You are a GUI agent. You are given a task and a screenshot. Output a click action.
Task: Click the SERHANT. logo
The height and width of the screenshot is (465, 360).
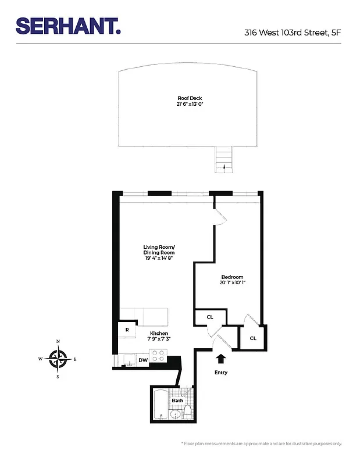pos(68,26)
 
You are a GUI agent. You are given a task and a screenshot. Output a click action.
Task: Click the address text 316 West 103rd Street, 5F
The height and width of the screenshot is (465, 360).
pos(293,33)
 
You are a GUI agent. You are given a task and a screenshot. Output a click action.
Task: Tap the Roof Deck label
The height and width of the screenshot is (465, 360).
pos(190,98)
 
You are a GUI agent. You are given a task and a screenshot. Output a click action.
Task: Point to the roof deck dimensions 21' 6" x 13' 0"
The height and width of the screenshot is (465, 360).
pos(190,105)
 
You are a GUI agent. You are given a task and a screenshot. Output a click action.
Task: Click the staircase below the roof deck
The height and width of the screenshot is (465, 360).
pos(224,159)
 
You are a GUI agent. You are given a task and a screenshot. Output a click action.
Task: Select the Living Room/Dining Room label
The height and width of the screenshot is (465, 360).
pos(159,251)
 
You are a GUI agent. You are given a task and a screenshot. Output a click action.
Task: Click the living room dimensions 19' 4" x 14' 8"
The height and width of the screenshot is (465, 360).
pos(159,258)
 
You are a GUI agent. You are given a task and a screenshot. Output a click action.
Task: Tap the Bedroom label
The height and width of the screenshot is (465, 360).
pos(232,277)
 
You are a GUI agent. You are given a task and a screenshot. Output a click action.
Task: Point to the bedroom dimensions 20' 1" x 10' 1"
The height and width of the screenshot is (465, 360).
pos(232,284)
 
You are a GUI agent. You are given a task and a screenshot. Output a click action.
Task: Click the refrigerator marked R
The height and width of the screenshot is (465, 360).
pos(127,330)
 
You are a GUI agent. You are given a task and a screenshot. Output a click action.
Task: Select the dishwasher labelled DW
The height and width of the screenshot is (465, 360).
pos(143,360)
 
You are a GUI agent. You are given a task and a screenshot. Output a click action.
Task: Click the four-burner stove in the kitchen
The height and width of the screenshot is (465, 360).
pos(158,355)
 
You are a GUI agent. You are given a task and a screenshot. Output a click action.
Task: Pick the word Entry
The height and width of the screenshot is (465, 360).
pos(221,373)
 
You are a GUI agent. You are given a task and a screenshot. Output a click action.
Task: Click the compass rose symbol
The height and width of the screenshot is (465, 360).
pos(58,359)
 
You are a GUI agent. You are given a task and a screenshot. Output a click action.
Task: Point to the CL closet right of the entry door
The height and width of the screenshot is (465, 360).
pos(253,338)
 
